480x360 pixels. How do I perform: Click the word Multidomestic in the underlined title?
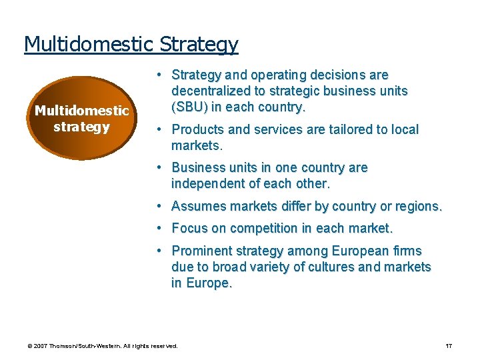click(x=89, y=44)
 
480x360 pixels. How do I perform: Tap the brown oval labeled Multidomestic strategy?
click(x=82, y=118)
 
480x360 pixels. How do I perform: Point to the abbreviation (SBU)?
click(x=193, y=107)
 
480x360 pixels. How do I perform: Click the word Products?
click(x=198, y=129)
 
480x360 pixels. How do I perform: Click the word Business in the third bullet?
click(x=198, y=167)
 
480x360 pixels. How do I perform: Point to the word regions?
click(x=419, y=206)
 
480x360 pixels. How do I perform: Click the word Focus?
click(x=189, y=228)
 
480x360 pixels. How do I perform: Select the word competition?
click(x=263, y=228)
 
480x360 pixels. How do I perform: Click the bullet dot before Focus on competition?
click(x=161, y=228)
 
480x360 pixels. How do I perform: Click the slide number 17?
click(x=449, y=346)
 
